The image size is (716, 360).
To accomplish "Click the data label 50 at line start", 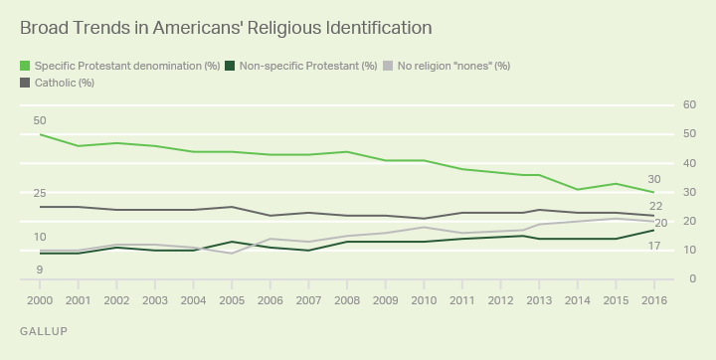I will coord(40,120).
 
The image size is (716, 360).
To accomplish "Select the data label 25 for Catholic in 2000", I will coord(40,193).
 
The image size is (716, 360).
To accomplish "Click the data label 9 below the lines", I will coord(40,270).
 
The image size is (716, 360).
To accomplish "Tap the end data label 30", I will coord(653,179).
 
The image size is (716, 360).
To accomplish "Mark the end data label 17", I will coord(653,245).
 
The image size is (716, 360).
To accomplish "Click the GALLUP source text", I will coord(44,330).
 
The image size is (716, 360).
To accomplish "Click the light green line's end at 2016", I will coord(652,192).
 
